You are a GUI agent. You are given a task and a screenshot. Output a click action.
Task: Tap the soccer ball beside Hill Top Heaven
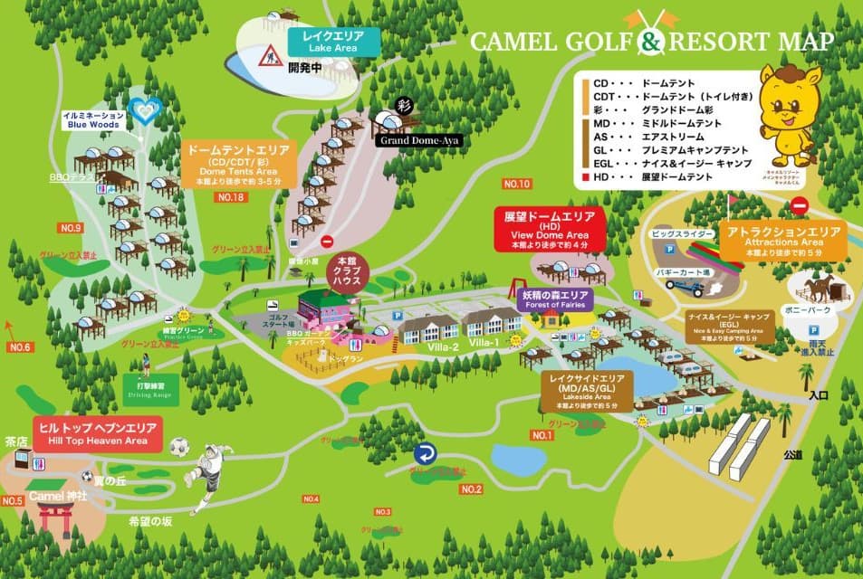point(179,446)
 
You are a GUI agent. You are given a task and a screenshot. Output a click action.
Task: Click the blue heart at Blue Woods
point(145,111)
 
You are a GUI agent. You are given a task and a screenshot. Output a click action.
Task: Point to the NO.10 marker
point(515,185)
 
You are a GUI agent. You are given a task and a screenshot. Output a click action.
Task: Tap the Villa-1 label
point(484,343)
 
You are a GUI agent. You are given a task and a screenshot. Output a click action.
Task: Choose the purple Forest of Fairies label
point(555,300)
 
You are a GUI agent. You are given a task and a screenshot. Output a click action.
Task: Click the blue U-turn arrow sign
point(425,454)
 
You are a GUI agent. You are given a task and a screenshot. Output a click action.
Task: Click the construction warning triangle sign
point(268,57)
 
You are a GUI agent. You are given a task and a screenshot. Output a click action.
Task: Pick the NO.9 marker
point(71,227)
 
